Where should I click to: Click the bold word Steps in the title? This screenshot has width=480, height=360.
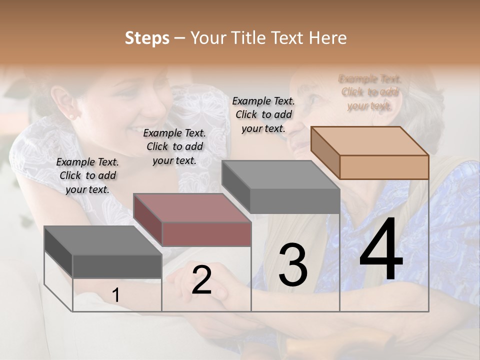pyautogui.click(x=147, y=38)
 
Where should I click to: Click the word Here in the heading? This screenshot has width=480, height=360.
pyautogui.click(x=327, y=38)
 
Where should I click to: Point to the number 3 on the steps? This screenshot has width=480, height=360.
pyautogui.click(x=293, y=265)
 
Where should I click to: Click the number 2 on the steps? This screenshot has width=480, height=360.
pyautogui.click(x=201, y=280)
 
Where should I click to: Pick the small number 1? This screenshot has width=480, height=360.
pyautogui.click(x=115, y=295)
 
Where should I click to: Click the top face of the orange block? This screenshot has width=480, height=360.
pyautogui.click(x=369, y=141)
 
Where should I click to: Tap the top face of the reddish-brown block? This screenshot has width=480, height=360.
pyautogui.click(x=191, y=207)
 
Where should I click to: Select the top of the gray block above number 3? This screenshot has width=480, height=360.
pyautogui.click(x=280, y=174)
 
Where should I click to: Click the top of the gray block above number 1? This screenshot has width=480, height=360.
pyautogui.click(x=102, y=240)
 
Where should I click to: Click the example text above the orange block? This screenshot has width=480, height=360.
pyautogui.click(x=370, y=92)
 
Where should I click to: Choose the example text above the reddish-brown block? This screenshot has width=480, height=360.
pyautogui.click(x=174, y=146)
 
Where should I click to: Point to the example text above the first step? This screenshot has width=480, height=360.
pyautogui.click(x=87, y=175)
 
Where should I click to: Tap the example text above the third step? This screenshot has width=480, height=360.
pyautogui.click(x=263, y=114)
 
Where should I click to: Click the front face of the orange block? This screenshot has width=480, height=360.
pyautogui.click(x=384, y=167)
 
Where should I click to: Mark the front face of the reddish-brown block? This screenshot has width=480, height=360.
pyautogui.click(x=206, y=234)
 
